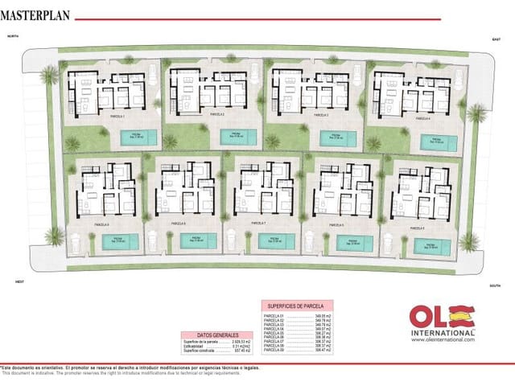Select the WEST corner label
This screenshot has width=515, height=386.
(x=20, y=281)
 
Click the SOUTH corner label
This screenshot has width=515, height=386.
(x=496, y=285)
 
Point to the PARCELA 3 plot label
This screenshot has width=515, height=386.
(x=319, y=116)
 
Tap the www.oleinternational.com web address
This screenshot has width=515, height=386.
(x=443, y=339)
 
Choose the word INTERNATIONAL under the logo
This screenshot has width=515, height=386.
(x=442, y=332)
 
